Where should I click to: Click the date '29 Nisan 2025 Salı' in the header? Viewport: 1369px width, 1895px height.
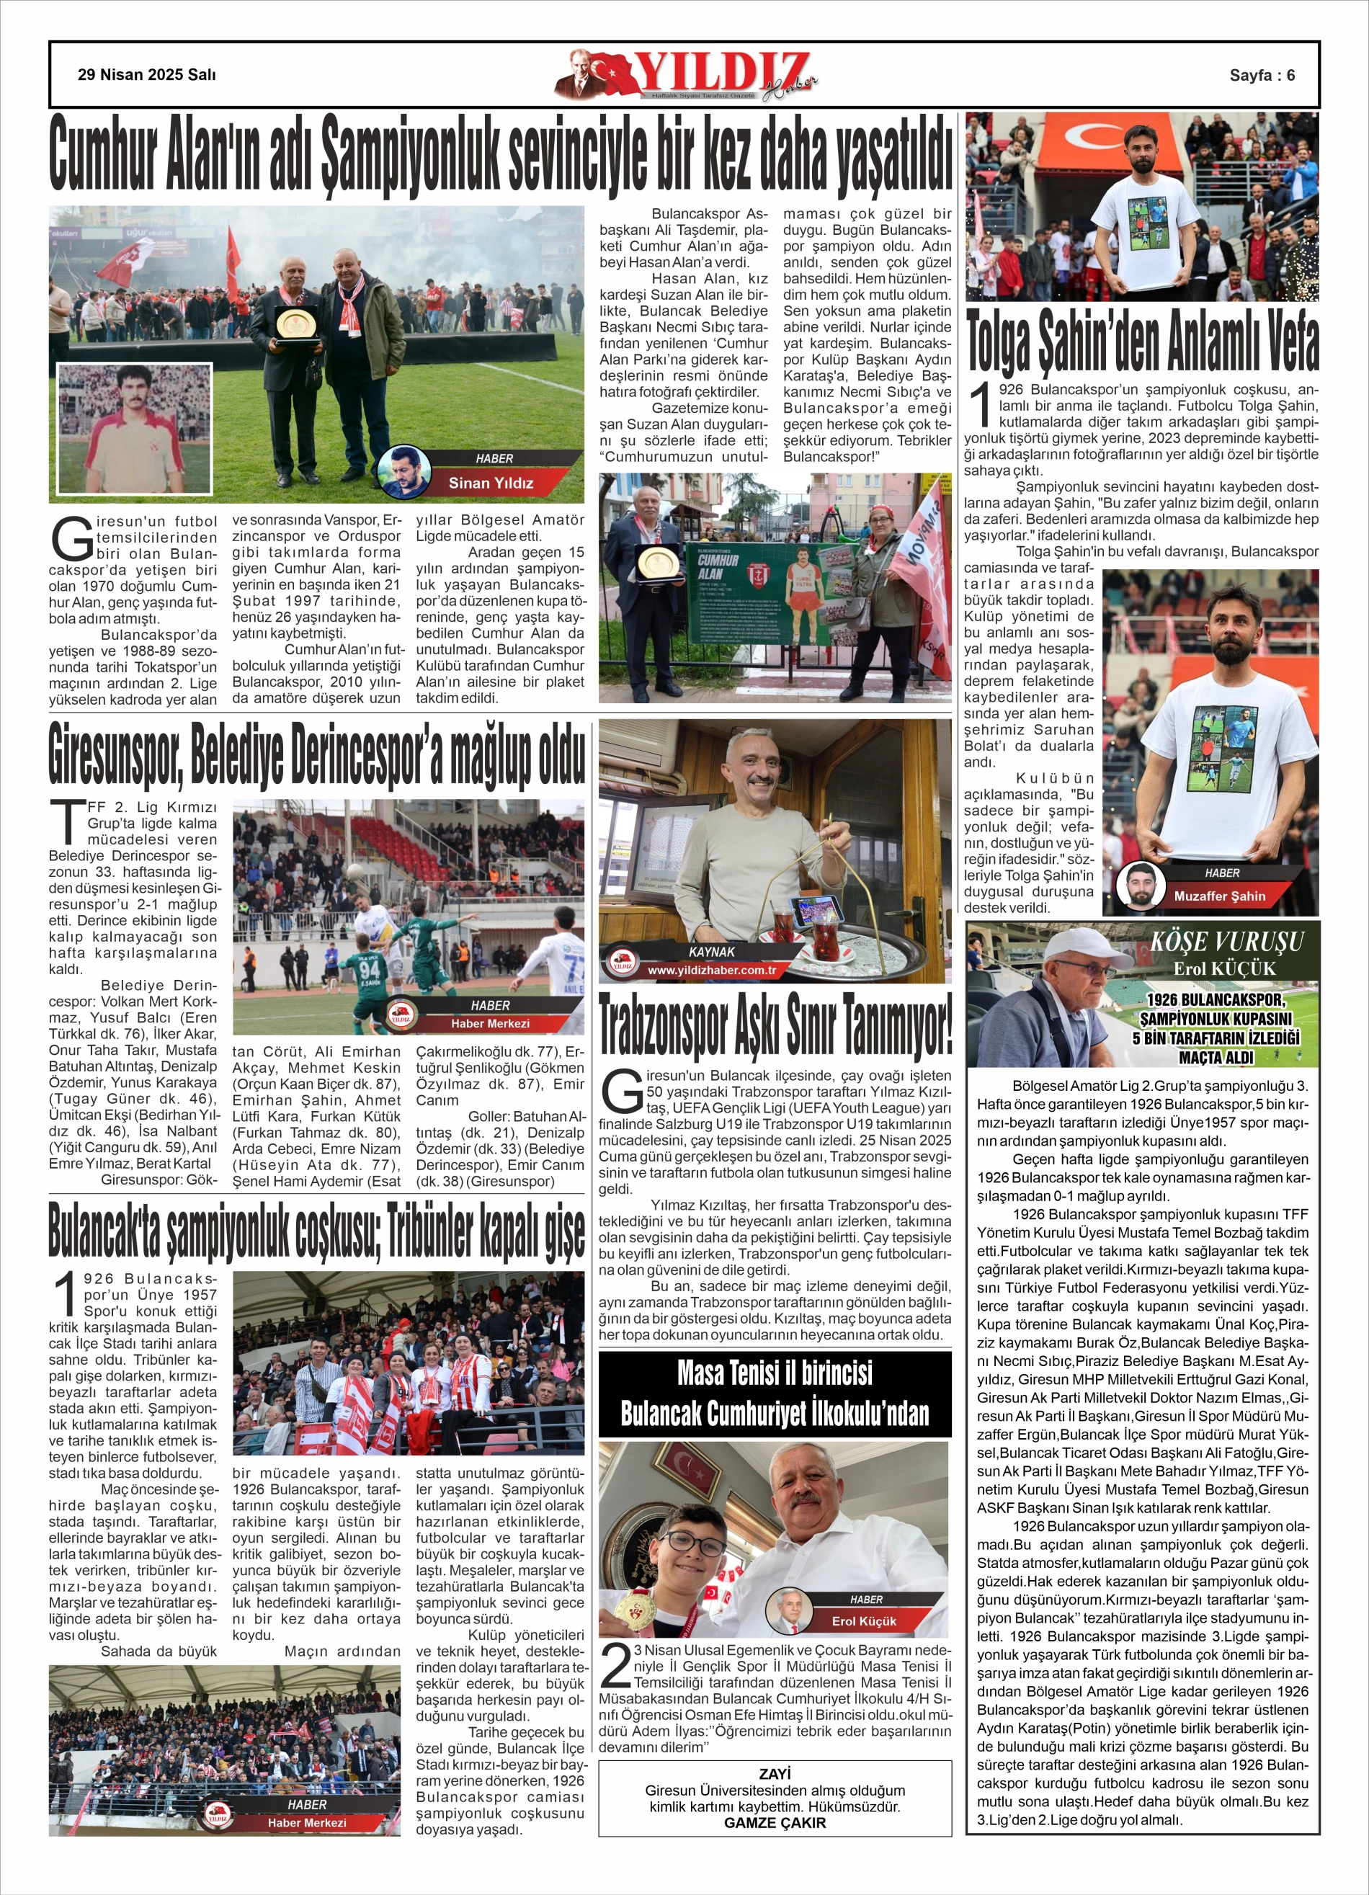(146, 75)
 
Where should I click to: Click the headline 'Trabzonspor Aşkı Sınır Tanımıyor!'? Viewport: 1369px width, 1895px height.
(775, 1026)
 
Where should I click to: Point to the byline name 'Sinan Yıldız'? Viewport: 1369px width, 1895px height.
(491, 483)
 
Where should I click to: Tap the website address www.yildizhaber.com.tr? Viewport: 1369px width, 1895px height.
(711, 970)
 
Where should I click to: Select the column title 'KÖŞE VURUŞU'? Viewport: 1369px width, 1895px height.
(1226, 942)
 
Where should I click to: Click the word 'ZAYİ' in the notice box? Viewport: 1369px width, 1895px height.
(775, 1774)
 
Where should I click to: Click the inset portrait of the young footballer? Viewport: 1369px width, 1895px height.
(134, 428)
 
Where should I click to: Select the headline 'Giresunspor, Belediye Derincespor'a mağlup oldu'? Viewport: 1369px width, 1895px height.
(316, 754)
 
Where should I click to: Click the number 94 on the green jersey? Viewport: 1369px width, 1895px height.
(369, 971)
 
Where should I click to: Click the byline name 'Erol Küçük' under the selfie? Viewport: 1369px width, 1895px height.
(863, 1621)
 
